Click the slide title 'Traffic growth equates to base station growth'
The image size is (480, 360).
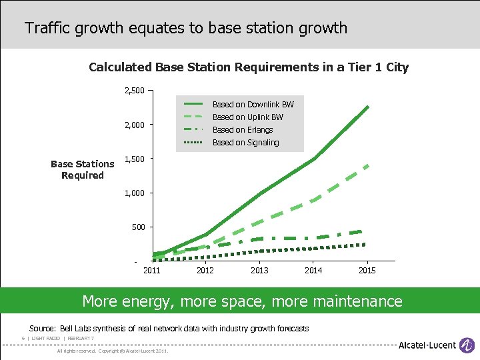coord(186,28)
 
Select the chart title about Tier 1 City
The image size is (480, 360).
coord(249,67)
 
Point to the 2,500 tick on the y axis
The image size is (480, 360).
coord(135,91)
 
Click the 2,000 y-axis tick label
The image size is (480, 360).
coord(135,125)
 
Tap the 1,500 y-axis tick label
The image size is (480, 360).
coord(135,159)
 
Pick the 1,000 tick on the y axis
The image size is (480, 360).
coord(135,193)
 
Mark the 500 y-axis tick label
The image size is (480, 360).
coord(137,227)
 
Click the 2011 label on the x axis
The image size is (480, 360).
coord(152,271)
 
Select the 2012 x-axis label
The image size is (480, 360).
coord(205,271)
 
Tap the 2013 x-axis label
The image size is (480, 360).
coord(259,271)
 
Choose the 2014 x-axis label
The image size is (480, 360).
coord(313,271)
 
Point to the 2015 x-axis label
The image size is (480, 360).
coord(367,271)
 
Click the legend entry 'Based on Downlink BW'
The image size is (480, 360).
coord(253,105)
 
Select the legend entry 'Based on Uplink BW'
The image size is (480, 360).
coord(247,117)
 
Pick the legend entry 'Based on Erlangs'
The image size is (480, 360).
coord(243,130)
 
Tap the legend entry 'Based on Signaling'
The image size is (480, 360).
coord(245,143)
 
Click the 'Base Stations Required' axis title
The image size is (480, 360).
coord(83,169)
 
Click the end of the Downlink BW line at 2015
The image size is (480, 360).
coord(367,107)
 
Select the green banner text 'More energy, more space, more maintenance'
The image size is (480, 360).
coord(242,301)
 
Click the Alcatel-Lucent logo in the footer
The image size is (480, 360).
coord(437,344)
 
